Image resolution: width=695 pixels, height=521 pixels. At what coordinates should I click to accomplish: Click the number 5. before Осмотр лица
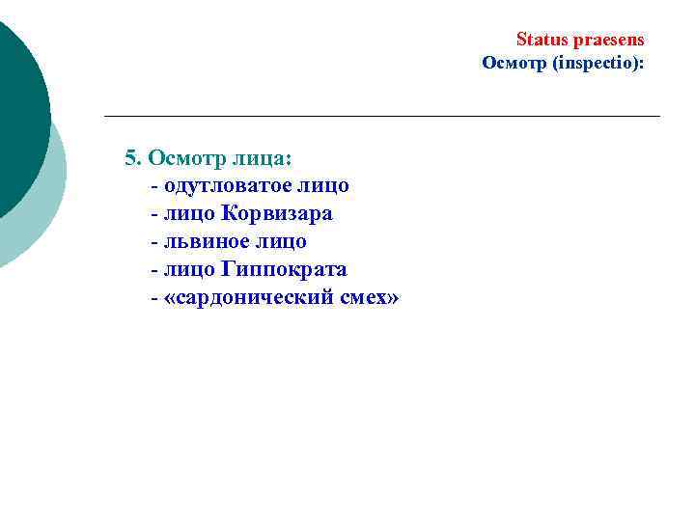point(133,157)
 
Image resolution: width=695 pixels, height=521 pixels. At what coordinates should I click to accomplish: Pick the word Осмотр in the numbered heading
point(186,157)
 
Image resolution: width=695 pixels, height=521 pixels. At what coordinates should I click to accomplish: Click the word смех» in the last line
point(367,297)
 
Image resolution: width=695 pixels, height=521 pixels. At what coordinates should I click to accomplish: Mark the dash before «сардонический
point(154,297)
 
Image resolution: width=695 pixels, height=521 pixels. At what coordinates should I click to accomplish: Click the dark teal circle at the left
point(14,116)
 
